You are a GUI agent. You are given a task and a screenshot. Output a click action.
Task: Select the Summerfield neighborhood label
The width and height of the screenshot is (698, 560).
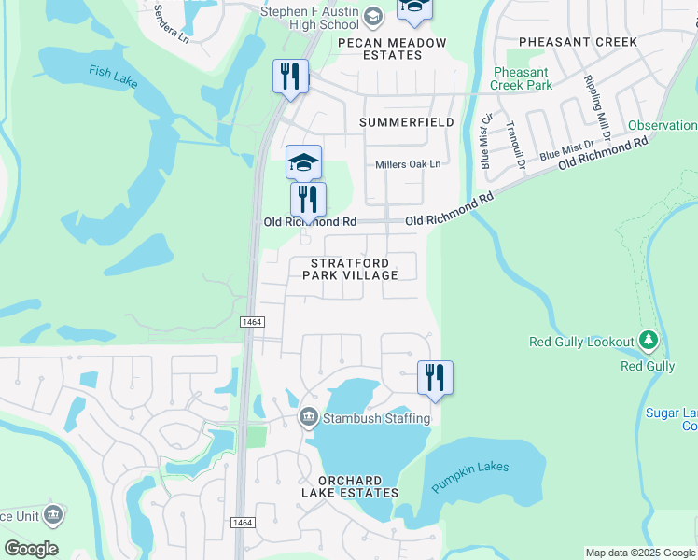[x=407, y=122]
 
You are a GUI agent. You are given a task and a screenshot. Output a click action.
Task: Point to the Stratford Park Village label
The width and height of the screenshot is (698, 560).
[x=354, y=269]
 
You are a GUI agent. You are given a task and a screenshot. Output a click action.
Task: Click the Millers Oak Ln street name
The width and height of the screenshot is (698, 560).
[x=407, y=164]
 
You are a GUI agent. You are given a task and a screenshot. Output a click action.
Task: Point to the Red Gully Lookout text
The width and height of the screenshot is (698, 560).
[x=581, y=343]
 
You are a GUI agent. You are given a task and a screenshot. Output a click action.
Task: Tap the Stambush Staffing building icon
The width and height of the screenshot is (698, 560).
[x=309, y=417]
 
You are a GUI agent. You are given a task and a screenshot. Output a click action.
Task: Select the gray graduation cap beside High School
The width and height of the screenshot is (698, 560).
[x=373, y=17]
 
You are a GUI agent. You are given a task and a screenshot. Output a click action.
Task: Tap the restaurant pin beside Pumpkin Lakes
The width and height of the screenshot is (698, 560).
[x=435, y=377]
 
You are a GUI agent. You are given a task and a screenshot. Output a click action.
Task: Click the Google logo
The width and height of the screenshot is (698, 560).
[x=31, y=549]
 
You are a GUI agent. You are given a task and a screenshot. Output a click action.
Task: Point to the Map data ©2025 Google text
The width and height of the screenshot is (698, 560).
[x=640, y=553]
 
